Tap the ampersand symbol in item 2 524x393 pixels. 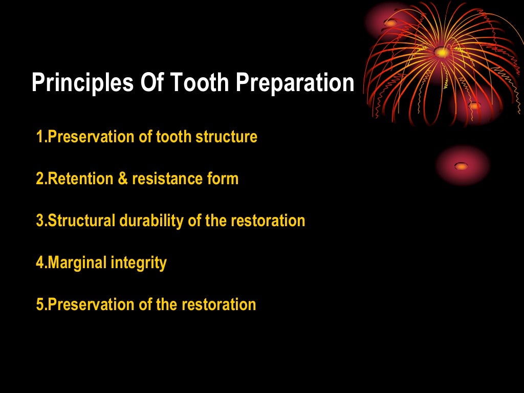[x=123, y=179]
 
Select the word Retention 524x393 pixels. [x=80, y=179]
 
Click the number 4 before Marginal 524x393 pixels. [x=40, y=263]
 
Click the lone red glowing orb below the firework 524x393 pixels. [x=462, y=166]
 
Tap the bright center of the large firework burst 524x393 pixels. [x=441, y=51]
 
